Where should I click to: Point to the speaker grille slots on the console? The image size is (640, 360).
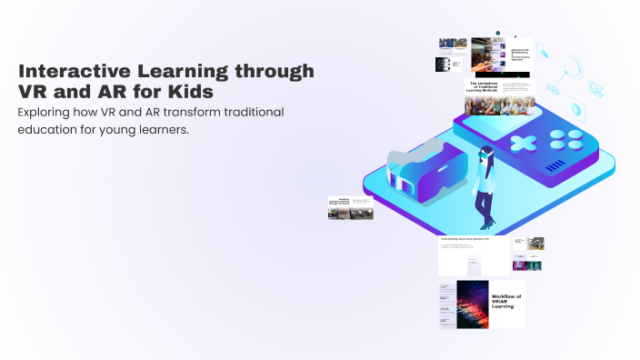pyautogui.click(x=555, y=165)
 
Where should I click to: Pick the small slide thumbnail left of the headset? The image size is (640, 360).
pyautogui.click(x=350, y=208)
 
